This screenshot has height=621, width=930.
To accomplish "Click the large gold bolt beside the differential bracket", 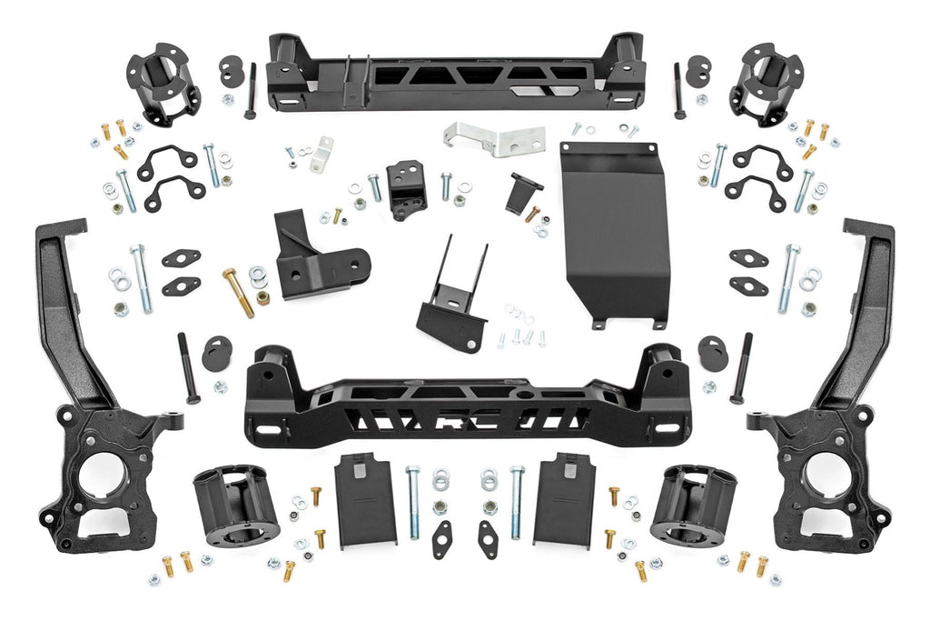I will coord(238,292).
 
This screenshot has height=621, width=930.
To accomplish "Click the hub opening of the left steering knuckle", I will coord(102,474).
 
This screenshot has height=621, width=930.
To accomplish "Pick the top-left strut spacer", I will coord(163,84).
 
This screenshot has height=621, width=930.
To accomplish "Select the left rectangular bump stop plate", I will coord(365,499).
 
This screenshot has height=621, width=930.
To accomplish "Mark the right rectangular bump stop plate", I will coord(563,499).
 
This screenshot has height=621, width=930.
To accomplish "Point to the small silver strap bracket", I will coord(321,154).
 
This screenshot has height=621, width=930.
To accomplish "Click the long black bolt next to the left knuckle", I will coord(188,367).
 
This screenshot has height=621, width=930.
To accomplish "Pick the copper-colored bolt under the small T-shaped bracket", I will coord(533,215).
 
